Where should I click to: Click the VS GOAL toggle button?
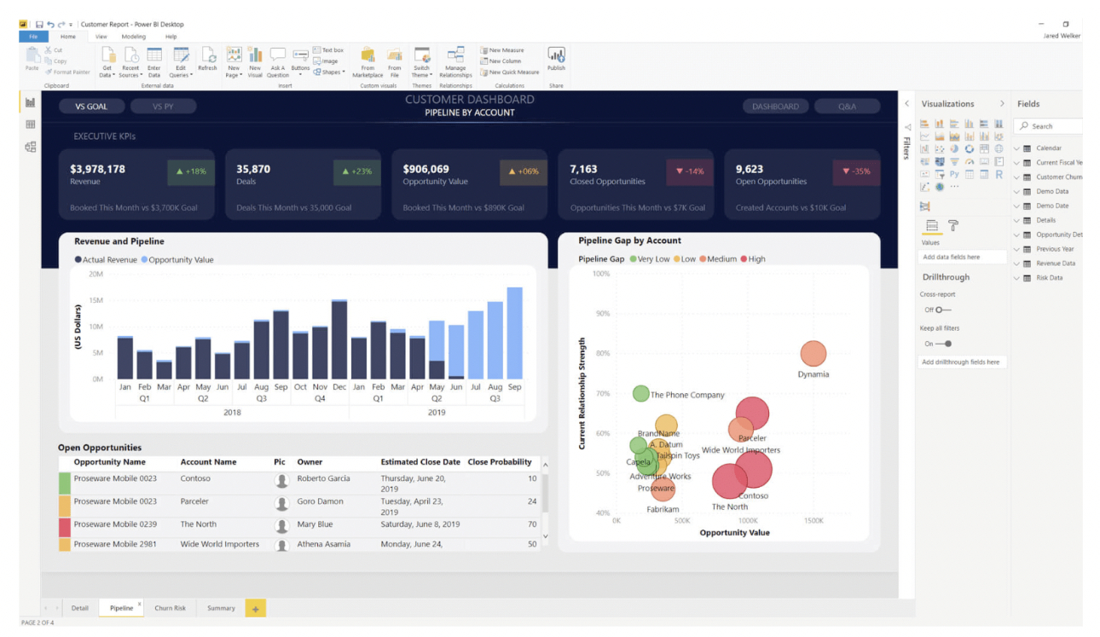tap(92, 107)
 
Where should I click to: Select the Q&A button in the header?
tap(847, 107)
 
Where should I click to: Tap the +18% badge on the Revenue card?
tap(191, 171)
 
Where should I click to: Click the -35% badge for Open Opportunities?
tap(856, 171)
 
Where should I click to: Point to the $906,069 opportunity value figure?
tap(426, 169)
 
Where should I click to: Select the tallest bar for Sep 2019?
tap(514, 333)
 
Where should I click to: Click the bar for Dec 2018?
tap(339, 339)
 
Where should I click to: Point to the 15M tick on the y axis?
tap(96, 300)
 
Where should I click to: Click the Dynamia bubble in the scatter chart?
tap(813, 353)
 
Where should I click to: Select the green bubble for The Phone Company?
tap(641, 393)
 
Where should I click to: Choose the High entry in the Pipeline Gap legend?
tap(752, 258)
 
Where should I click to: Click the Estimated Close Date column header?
tap(420, 462)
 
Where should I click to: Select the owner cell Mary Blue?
tap(315, 524)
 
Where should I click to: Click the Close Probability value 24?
tap(532, 501)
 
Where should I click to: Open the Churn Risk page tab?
tap(170, 608)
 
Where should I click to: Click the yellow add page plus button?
tap(255, 608)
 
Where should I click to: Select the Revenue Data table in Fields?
tap(1056, 263)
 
